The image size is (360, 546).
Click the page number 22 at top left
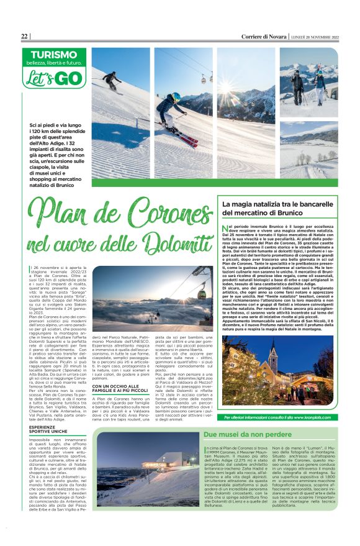point(24,36)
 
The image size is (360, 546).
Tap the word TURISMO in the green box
point(50,55)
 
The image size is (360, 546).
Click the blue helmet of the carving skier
point(176,98)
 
